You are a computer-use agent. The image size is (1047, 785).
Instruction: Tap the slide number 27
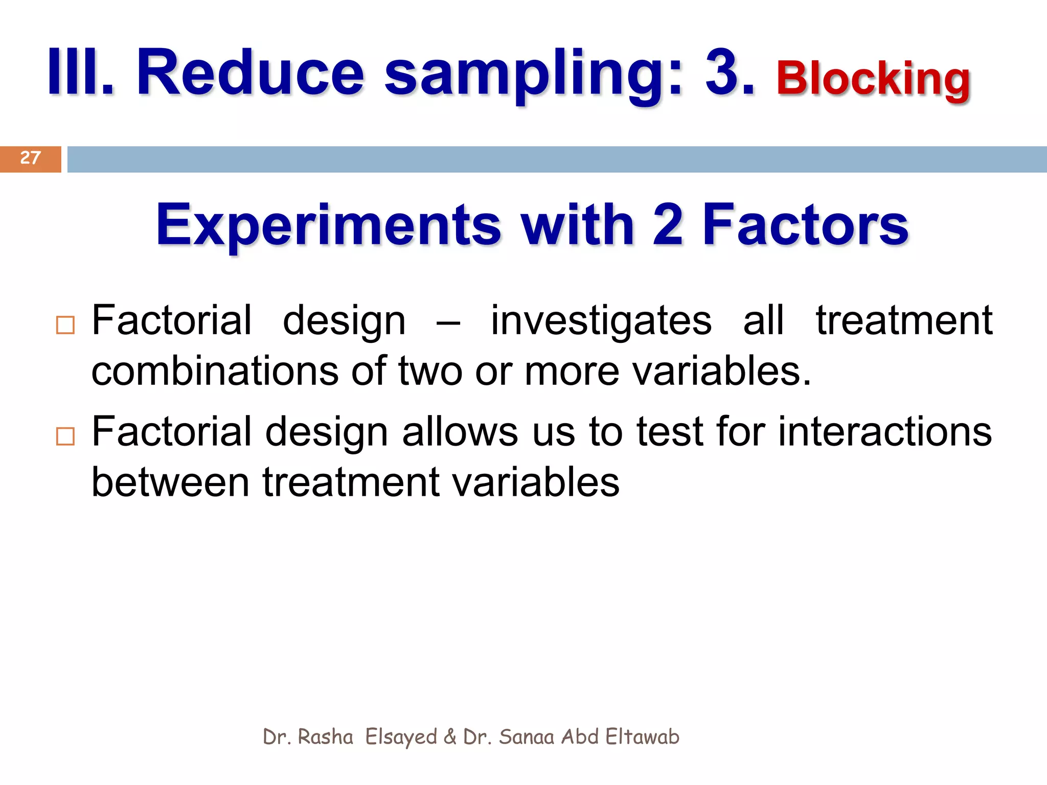pos(30,158)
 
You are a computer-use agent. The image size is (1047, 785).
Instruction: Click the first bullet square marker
pos(65,326)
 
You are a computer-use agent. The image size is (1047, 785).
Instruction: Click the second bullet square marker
pos(65,437)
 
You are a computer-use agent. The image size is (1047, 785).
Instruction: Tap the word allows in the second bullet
pos(460,432)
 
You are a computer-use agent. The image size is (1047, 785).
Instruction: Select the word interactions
pos(884,432)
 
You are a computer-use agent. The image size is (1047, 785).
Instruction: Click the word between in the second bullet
pos(170,482)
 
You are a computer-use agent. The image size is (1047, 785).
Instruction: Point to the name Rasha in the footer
pos(325,737)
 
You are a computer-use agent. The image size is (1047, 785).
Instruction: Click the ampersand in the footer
pos(450,737)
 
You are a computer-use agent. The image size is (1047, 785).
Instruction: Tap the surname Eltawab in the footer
pos(642,737)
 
